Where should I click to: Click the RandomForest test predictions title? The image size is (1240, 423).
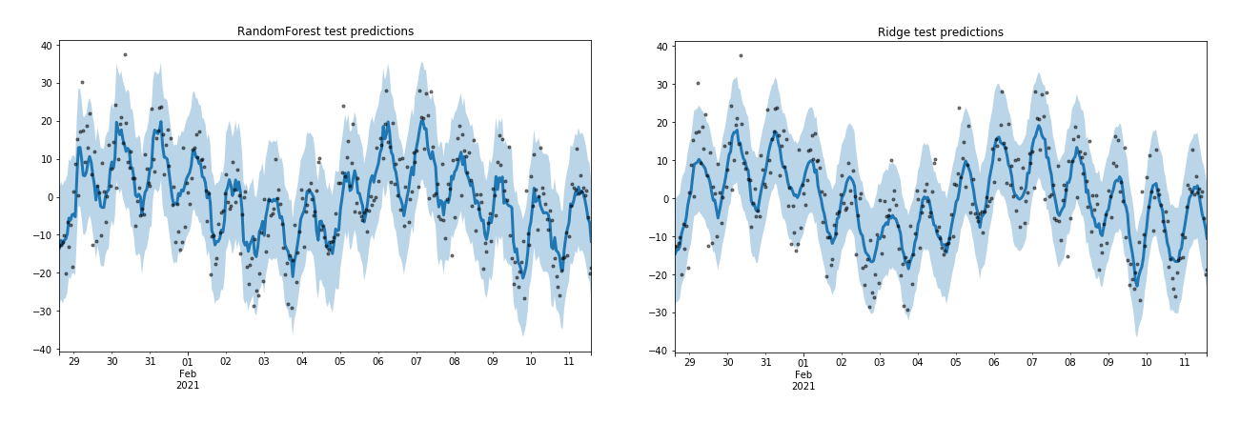(x=325, y=31)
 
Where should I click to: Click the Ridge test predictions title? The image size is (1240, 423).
(x=940, y=32)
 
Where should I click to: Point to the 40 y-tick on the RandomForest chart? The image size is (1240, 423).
(x=45, y=46)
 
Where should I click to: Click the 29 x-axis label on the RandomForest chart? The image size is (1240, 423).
(x=73, y=362)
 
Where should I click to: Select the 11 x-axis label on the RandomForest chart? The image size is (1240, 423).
(x=569, y=362)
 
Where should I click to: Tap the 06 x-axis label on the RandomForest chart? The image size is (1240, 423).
(x=378, y=362)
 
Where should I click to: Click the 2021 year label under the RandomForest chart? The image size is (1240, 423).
(x=188, y=385)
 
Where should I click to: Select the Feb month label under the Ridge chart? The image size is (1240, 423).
(x=803, y=374)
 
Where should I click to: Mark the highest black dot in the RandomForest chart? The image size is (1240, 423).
(x=125, y=54)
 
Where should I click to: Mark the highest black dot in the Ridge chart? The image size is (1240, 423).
(x=741, y=55)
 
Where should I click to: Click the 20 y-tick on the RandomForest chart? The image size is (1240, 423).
(x=45, y=121)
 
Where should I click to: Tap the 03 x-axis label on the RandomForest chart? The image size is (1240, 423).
(x=264, y=362)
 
